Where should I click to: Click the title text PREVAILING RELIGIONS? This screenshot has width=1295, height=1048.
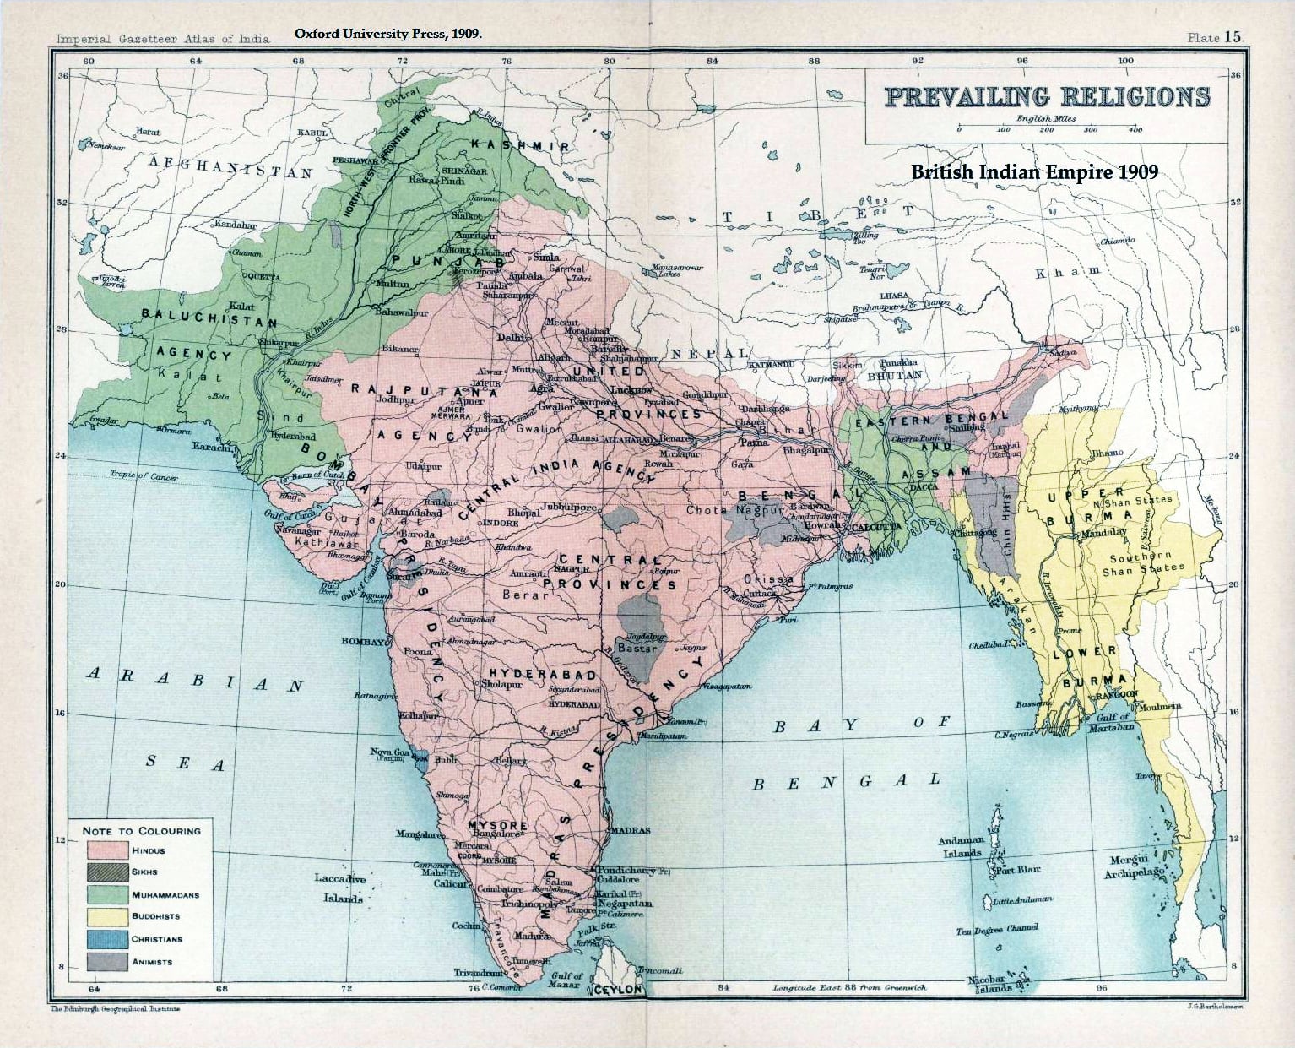coord(1047,96)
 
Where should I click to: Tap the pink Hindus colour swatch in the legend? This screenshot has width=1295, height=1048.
coord(105,850)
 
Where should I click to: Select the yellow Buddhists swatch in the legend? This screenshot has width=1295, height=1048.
coord(105,916)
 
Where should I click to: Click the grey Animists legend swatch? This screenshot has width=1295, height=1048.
coord(105,961)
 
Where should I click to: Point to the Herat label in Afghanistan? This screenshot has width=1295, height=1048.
coord(148,132)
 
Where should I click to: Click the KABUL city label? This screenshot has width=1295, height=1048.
coord(312,133)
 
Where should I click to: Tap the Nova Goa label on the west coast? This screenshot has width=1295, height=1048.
coord(389,752)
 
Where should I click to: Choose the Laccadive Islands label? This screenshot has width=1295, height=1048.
coord(339,888)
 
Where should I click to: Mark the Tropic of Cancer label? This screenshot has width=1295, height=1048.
coord(144,476)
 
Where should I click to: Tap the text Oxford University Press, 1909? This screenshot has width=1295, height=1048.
coord(388,35)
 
